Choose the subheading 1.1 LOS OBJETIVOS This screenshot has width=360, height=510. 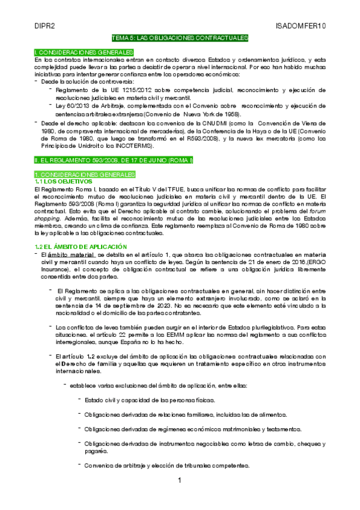[x=63, y=181]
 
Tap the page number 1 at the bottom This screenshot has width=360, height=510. [x=179, y=481]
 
